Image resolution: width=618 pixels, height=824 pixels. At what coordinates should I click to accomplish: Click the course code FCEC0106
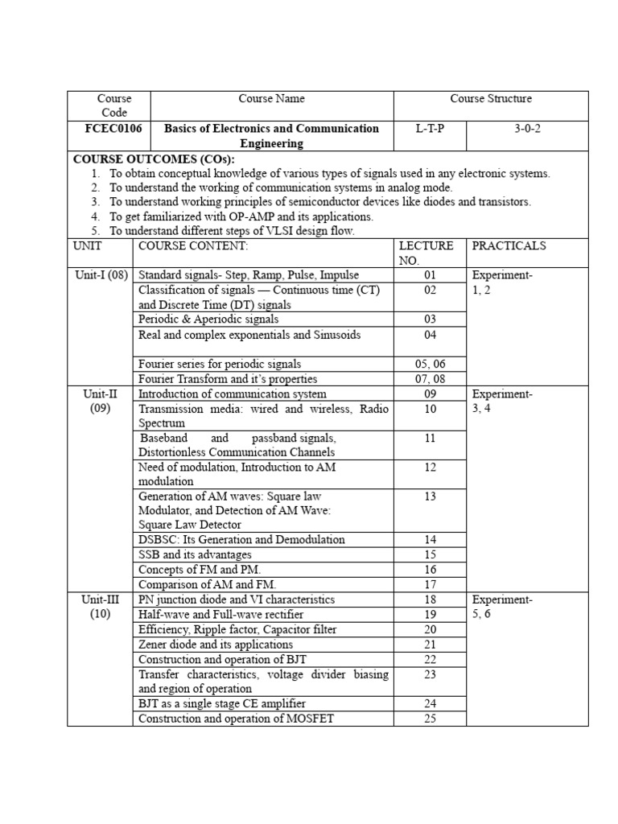pos(114,129)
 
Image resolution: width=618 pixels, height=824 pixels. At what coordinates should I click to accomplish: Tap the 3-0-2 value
pos(528,129)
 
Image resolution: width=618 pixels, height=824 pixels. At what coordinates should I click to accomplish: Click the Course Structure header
pos(490,99)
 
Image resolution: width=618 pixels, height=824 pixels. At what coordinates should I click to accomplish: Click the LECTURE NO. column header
pos(426,253)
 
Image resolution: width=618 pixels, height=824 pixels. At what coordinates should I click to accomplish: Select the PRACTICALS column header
pos(509,245)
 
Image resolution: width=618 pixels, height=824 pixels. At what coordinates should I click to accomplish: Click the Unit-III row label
pos(101,607)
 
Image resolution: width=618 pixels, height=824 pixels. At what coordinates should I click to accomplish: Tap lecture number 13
pos(430,496)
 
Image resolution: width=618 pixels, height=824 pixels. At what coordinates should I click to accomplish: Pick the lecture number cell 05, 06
pos(430,364)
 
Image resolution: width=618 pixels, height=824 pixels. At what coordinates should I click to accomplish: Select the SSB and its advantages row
pos(195,554)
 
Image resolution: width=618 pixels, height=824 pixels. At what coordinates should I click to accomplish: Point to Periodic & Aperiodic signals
pos(208,319)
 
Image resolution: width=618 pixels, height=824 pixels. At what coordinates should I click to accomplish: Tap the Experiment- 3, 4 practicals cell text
pos(502,402)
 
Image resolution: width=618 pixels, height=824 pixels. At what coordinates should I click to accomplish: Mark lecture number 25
pos(430,719)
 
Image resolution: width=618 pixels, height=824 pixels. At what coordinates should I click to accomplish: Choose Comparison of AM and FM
pos(212,584)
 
